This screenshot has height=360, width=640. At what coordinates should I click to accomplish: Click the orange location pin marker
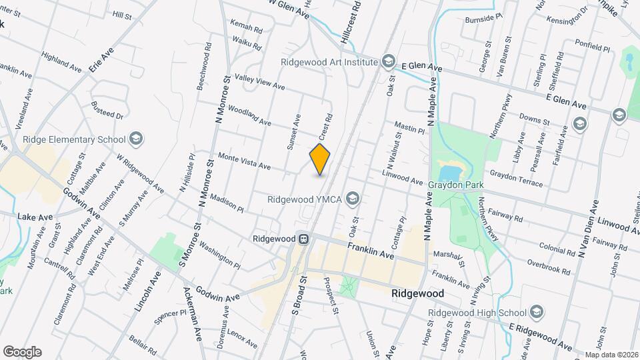[320, 159]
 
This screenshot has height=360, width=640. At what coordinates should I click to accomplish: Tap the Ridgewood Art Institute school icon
[388, 63]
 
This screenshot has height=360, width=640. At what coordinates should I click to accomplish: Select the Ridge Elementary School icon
[137, 139]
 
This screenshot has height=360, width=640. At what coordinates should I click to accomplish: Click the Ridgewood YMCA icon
[352, 199]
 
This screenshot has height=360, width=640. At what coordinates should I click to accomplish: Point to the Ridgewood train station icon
[303, 238]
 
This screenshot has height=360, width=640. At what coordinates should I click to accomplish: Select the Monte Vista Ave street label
[245, 160]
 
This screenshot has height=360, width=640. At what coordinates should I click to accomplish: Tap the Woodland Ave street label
[249, 115]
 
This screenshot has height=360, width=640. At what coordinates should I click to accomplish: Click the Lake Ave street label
[35, 217]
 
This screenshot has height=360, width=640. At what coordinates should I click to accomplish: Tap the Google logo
[22, 352]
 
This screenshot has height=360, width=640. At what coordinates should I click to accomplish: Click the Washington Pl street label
[220, 255]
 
